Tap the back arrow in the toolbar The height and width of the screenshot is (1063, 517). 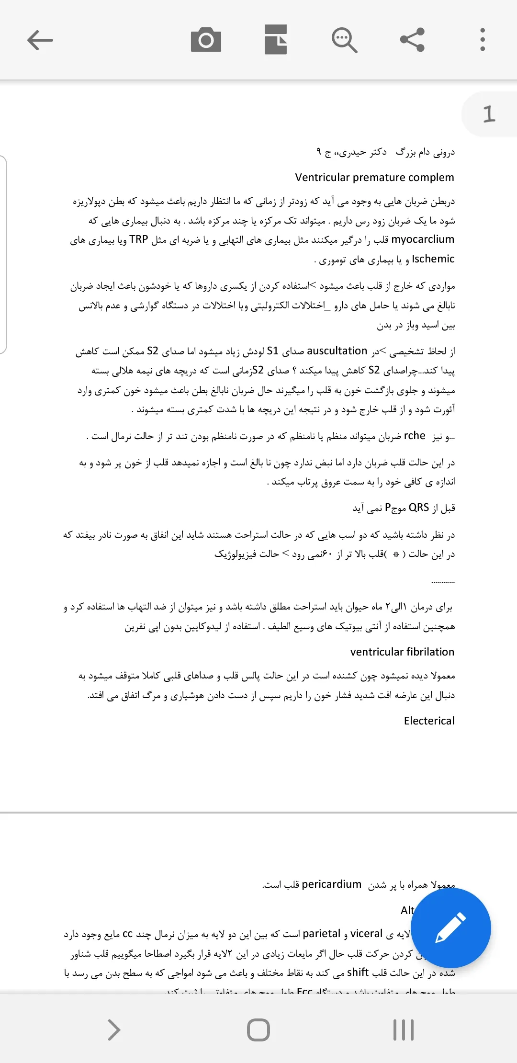tap(40, 40)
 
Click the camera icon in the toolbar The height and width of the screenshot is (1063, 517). tap(206, 40)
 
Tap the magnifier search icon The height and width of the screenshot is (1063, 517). tap(344, 40)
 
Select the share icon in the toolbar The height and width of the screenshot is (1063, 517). tap(413, 40)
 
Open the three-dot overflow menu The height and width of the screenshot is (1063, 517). tap(483, 40)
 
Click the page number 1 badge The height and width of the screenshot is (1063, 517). tap(489, 114)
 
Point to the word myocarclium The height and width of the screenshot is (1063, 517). tap(423, 239)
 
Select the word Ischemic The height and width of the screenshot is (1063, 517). tap(433, 259)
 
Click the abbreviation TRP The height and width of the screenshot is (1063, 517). tap(139, 239)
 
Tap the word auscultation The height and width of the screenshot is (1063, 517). tap(337, 351)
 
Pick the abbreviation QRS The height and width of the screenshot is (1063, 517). tap(419, 508)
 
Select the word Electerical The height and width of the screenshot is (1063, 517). tap(429, 721)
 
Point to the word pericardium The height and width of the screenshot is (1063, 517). tap(332, 884)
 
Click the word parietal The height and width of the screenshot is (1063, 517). tap(322, 934)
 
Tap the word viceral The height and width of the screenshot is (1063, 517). tap(366, 934)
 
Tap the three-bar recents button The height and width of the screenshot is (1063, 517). tap(404, 1030)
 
